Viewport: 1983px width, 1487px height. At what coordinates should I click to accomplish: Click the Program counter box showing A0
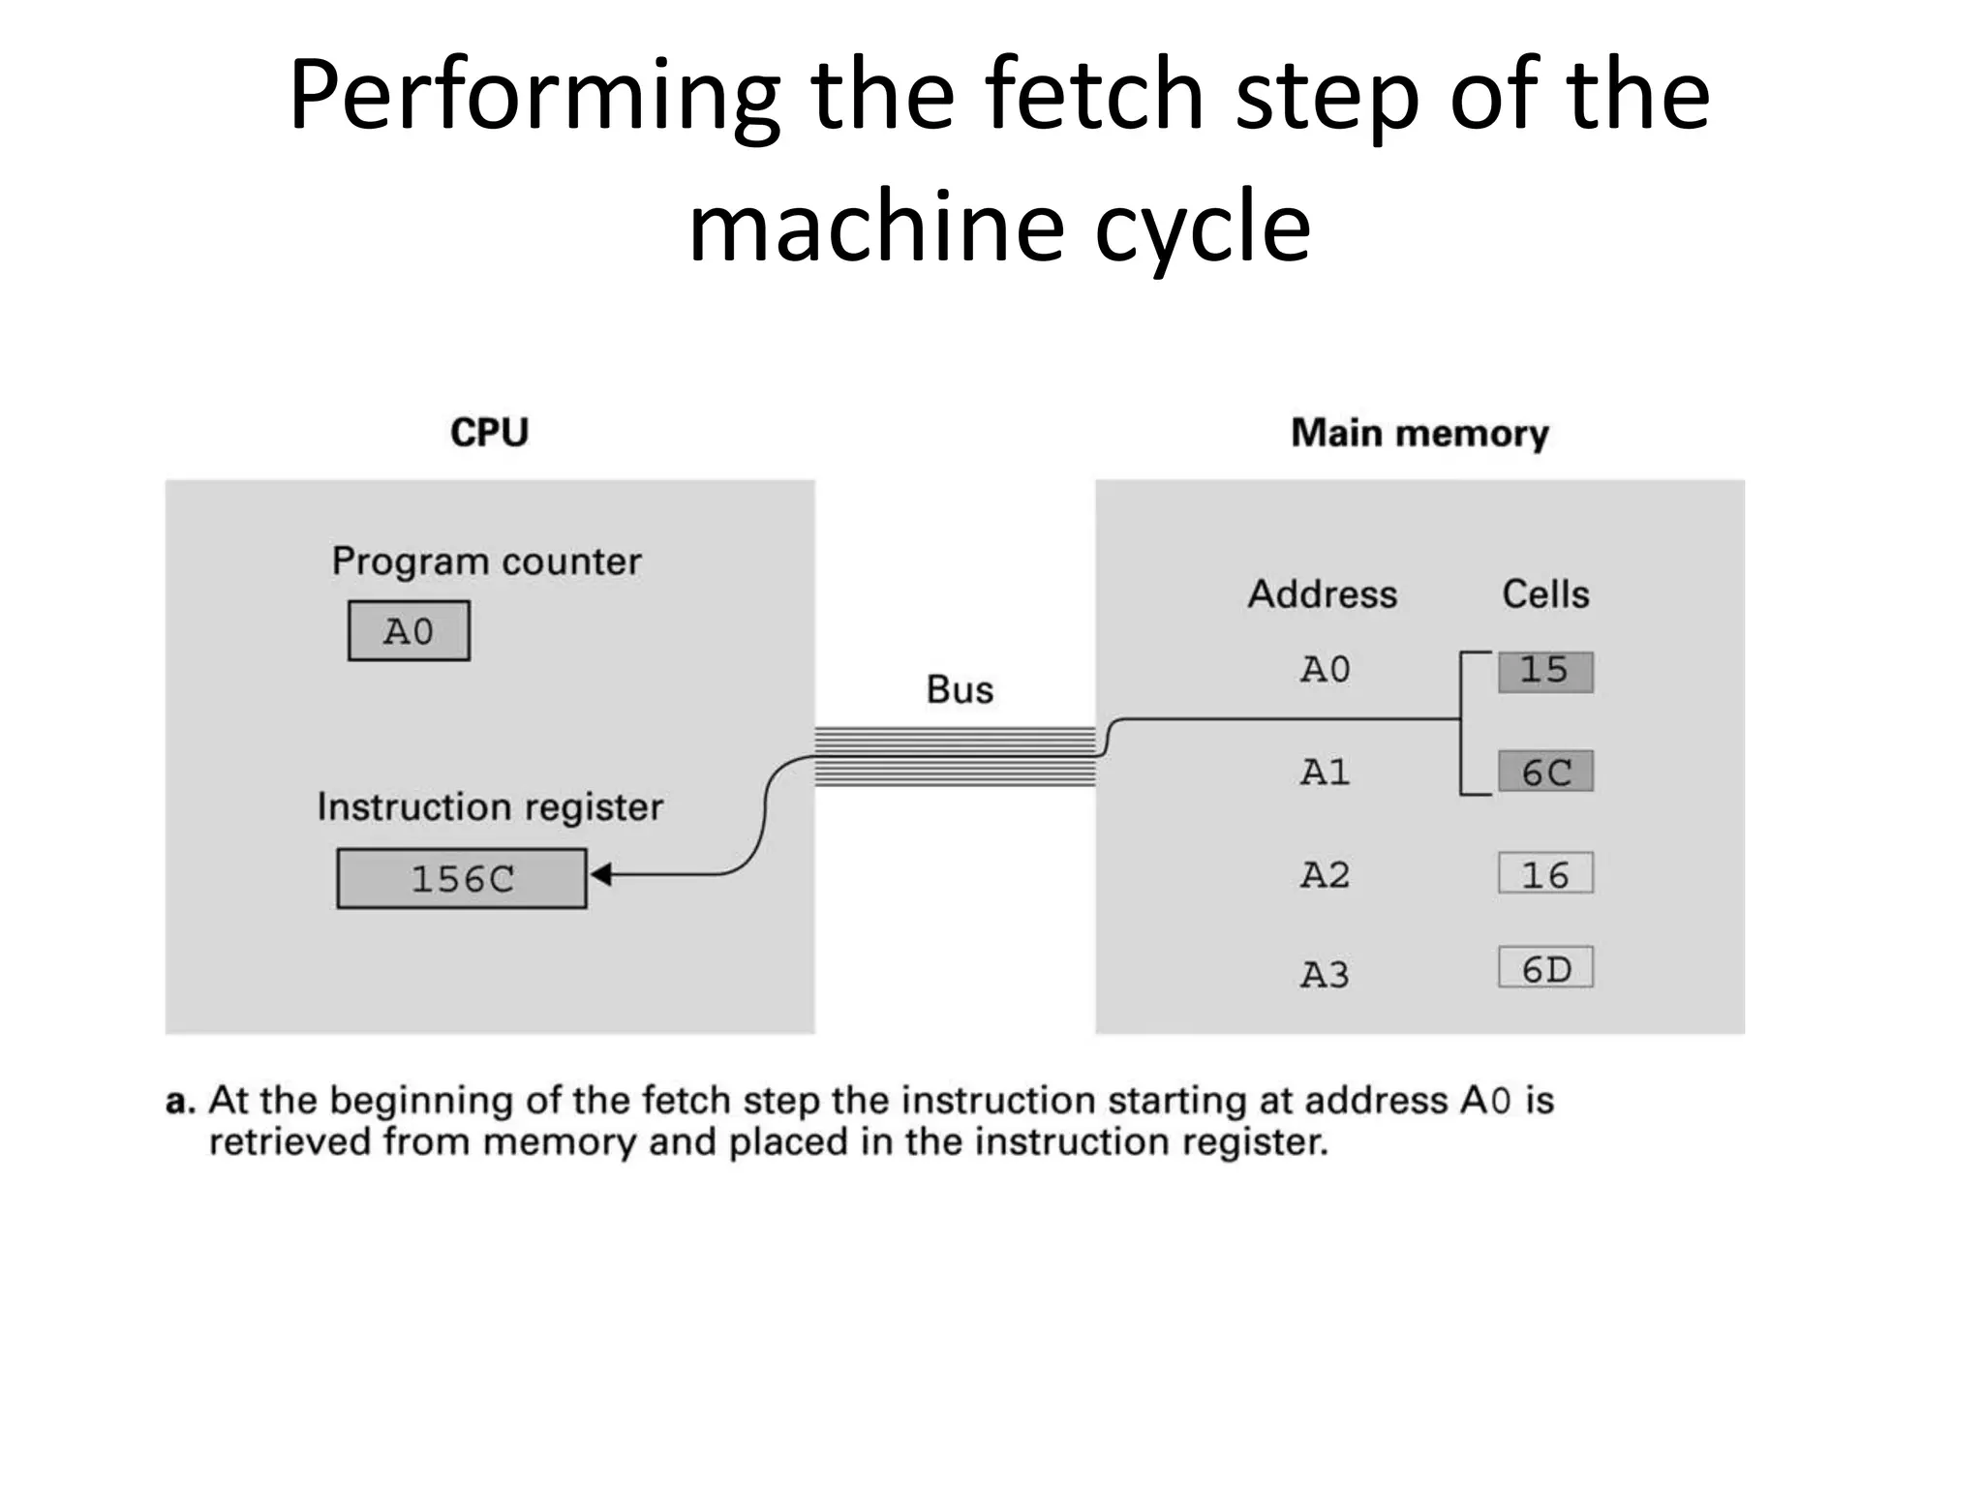[409, 631]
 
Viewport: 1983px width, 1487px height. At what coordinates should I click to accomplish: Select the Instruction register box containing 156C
[462, 879]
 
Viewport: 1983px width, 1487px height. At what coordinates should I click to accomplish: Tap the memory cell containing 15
[1545, 672]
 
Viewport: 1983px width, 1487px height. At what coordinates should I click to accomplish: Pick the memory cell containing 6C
[1545, 772]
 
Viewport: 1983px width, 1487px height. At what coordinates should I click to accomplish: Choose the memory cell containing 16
[1545, 874]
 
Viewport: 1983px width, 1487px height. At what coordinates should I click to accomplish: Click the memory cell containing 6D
[1545, 968]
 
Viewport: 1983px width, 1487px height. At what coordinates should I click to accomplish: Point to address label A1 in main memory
[1325, 773]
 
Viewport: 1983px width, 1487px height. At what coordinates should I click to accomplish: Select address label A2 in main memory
[1325, 875]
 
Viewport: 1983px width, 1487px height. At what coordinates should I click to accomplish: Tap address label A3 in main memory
[1325, 974]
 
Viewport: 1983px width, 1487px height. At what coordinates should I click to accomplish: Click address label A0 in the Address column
[1325, 670]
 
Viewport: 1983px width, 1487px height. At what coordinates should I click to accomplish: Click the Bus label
[960, 690]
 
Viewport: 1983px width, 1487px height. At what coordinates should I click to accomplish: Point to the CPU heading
[489, 433]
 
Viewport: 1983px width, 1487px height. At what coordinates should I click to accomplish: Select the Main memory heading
[1419, 434]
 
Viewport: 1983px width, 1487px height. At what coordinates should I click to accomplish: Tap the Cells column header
[1545, 594]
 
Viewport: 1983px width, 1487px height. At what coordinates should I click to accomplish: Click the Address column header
[1323, 594]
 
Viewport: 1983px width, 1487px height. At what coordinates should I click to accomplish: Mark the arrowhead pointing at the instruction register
[600, 875]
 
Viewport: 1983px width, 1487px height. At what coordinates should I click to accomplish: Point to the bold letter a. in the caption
[180, 1102]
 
